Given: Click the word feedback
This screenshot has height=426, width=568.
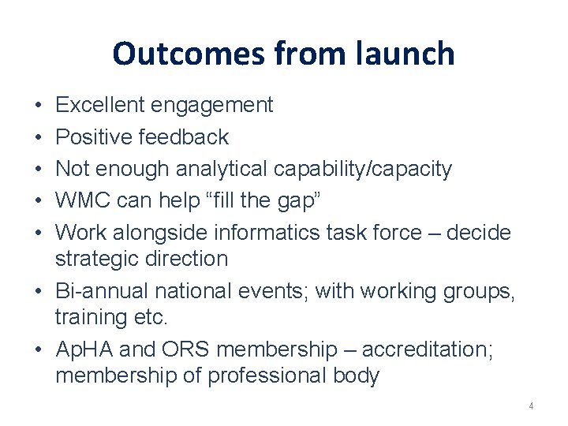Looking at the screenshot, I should tap(183, 137).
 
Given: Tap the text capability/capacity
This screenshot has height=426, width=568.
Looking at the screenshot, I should tap(363, 169).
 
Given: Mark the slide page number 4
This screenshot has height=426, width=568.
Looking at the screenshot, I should tap(531, 406).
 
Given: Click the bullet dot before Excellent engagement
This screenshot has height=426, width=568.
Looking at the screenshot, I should tap(39, 106).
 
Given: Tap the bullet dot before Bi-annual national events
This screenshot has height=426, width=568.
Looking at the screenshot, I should tap(39, 292).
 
